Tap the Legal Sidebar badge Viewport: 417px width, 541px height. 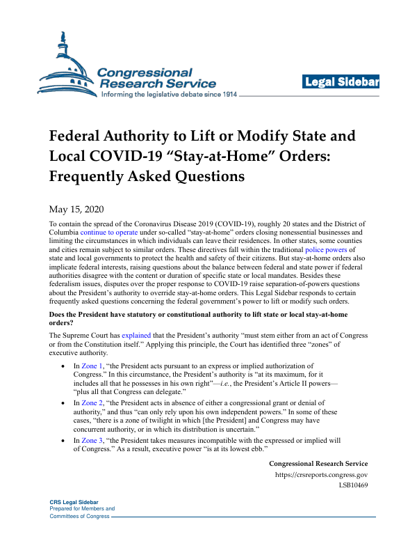341,82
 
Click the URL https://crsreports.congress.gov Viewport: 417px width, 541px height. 322,475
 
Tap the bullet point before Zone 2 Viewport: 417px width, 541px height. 65,403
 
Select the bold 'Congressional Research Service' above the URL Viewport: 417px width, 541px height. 318,464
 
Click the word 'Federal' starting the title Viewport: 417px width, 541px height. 81,135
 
